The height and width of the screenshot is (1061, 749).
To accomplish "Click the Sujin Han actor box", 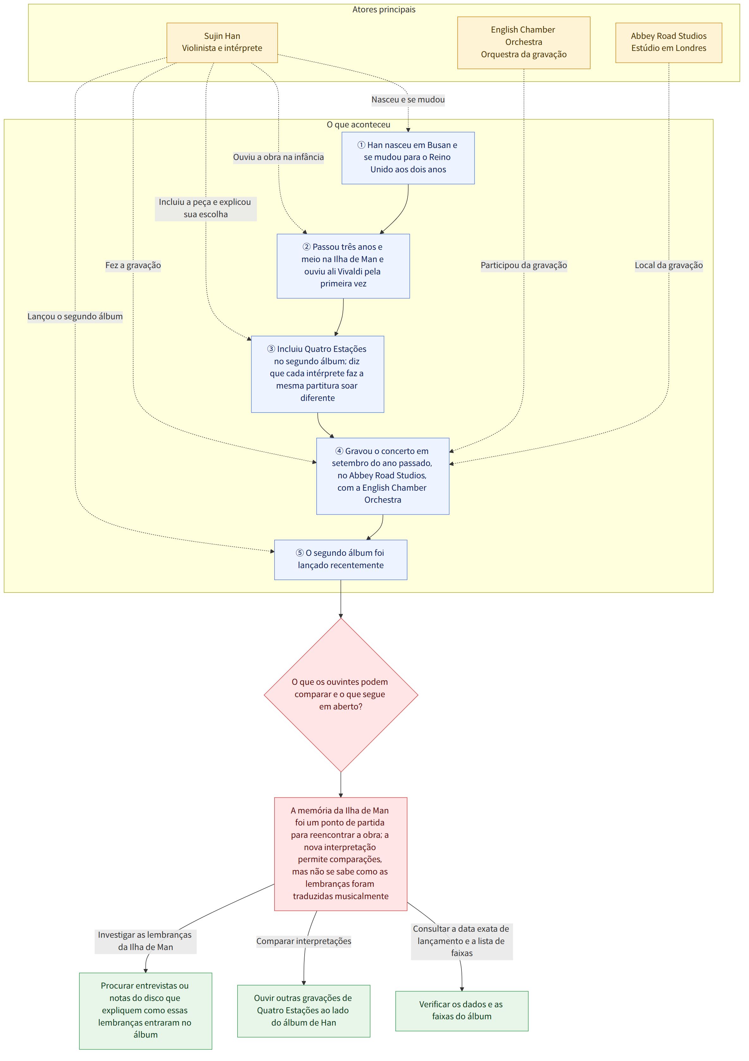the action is pos(222,42).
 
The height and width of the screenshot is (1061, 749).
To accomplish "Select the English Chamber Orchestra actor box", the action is pos(523,42).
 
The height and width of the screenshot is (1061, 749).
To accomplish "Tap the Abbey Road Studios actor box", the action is pos(669,42).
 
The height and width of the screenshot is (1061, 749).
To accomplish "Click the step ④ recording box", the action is pos(383,476).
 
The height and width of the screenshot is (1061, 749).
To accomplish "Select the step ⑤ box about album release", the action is pos(341,560).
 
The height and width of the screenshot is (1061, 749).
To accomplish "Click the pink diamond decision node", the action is pos(341,695).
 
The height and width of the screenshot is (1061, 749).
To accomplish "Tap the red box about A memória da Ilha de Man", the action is pos(341,854).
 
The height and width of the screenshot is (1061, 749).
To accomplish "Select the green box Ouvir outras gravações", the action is pos(304,1011).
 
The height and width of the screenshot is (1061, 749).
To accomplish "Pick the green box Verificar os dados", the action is pos(462,1011).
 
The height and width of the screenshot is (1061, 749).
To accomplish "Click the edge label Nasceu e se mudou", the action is pos(408,100).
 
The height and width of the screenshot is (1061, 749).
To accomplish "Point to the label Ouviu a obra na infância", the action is pos(278,157).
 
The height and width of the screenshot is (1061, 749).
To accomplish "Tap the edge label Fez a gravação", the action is pos(133,265).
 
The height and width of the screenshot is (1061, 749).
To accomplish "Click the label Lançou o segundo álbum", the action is pos(75,316).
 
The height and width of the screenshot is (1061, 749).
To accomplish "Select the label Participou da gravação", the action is pos(524,265).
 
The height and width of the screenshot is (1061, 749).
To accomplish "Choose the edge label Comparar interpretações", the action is pos(304,941).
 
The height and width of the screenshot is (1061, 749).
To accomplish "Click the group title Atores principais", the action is pos(384,10).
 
